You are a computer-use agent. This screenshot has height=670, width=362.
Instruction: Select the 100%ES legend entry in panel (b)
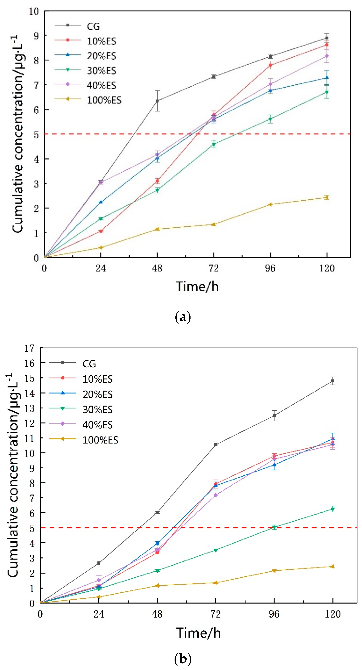[x=100, y=440]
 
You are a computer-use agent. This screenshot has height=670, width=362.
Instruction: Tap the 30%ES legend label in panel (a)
[x=101, y=70]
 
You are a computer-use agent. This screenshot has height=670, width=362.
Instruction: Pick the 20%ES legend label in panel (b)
[x=98, y=394]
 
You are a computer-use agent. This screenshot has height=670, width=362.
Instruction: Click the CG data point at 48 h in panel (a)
[x=157, y=101]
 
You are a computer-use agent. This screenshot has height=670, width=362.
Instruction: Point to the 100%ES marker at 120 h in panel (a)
[x=327, y=197]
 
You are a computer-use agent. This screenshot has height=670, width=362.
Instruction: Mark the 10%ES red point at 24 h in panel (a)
[x=101, y=231]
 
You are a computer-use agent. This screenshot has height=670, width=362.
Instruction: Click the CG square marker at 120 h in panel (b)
[x=333, y=381]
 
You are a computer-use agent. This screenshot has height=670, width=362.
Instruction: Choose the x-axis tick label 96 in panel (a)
[x=270, y=268]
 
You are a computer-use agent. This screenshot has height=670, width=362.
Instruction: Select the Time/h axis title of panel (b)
[x=199, y=633]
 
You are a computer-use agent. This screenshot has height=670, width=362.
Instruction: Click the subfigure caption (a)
[x=183, y=317]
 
